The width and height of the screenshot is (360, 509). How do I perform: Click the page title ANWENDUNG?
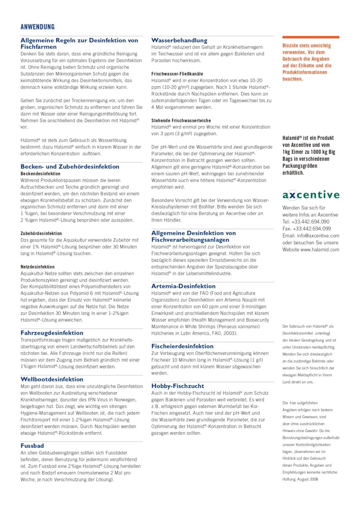(x=37, y=27)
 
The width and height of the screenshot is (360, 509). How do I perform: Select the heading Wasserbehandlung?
(x=179, y=40)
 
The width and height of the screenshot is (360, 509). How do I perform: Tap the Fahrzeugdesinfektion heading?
(x=52, y=333)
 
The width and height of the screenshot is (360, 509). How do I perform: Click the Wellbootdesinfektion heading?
(x=52, y=379)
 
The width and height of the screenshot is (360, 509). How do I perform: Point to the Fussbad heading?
(x=32, y=446)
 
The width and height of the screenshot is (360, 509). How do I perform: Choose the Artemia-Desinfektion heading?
(x=183, y=286)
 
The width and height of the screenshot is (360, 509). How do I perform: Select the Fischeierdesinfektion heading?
(x=182, y=346)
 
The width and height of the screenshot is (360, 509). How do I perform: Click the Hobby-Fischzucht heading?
(x=178, y=386)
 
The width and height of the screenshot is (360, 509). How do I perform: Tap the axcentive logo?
(x=311, y=195)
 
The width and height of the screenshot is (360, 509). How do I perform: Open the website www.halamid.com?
(x=320, y=250)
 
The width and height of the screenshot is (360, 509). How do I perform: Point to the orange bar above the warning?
(x=311, y=37)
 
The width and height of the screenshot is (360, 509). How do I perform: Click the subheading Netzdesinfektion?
(x=37, y=267)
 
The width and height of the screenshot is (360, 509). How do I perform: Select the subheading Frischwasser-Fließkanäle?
(x=177, y=74)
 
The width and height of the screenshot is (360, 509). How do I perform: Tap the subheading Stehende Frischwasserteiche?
(x=181, y=121)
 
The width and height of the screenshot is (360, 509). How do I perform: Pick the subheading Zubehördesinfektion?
(x=41, y=234)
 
